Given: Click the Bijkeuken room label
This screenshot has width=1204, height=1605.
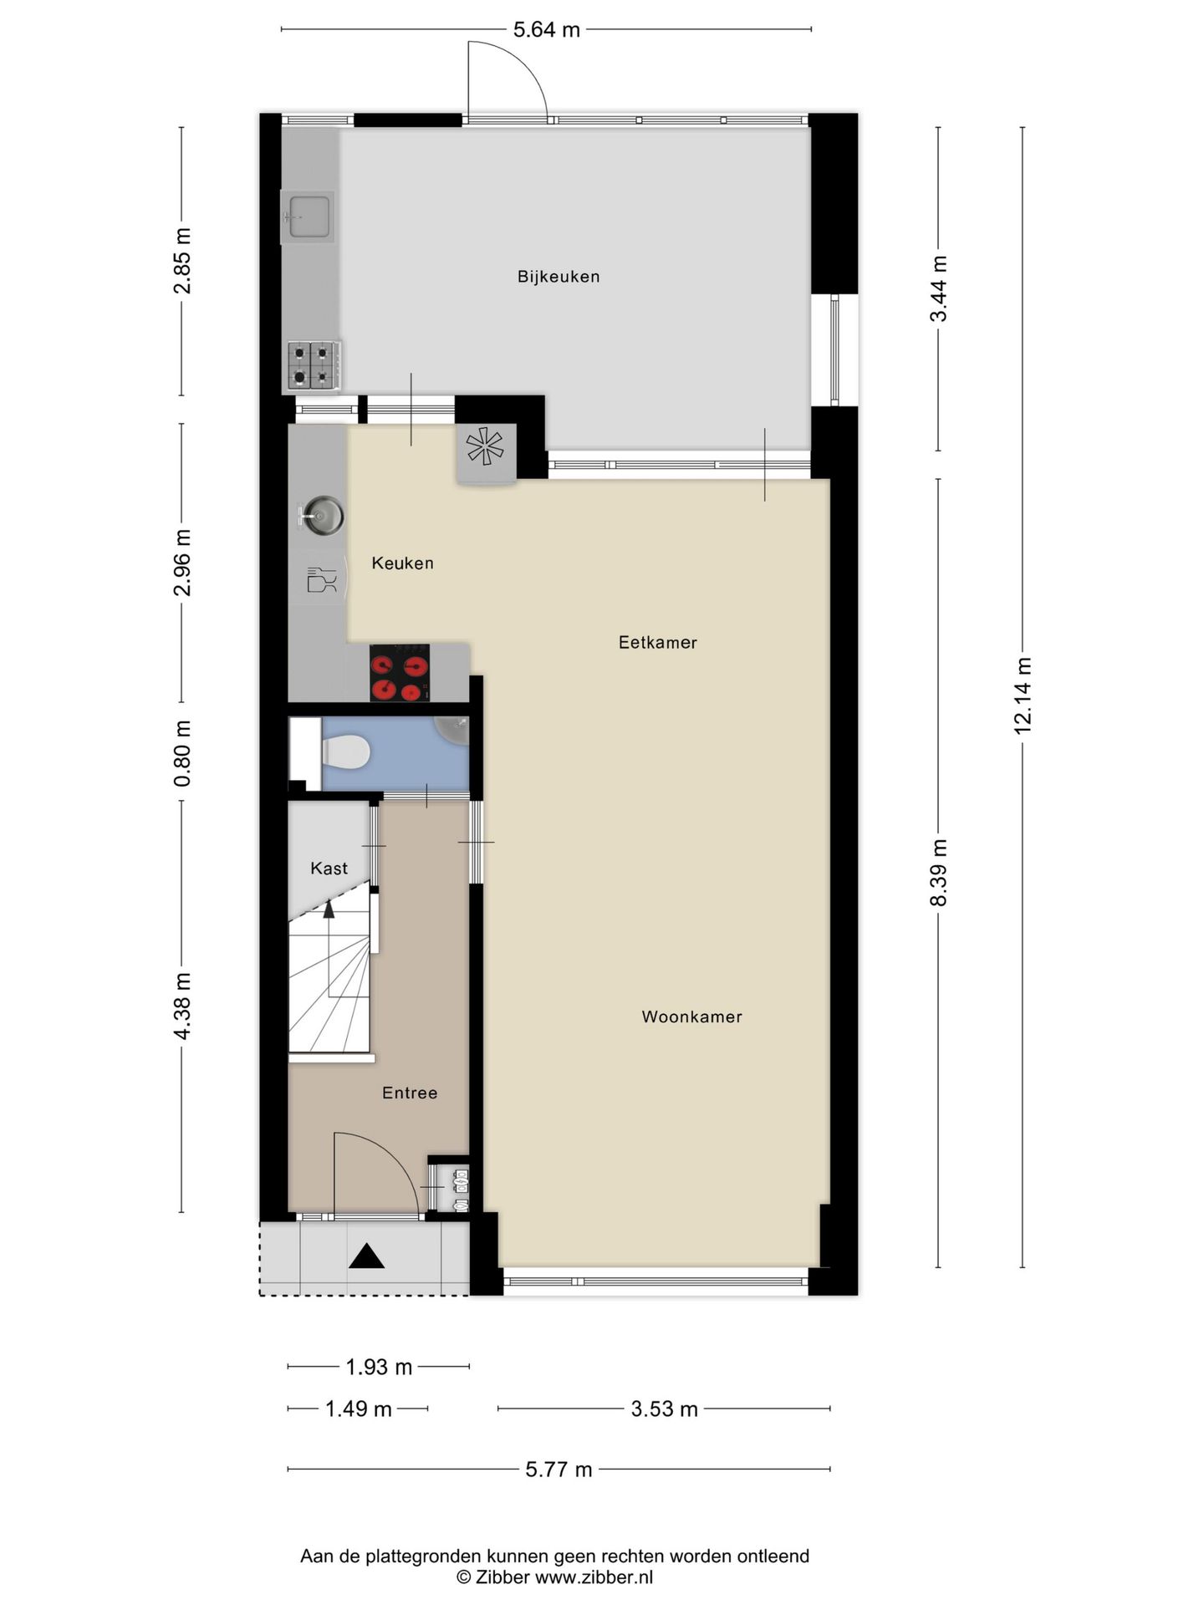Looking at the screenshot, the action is click(x=559, y=277).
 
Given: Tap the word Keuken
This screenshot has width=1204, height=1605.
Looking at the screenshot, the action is click(x=402, y=563).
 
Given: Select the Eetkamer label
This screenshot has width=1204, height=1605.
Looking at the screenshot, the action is click(x=657, y=643).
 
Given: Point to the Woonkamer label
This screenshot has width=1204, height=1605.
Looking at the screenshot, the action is click(x=691, y=1017).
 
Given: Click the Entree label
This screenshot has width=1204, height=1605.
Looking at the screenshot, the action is click(x=410, y=1093).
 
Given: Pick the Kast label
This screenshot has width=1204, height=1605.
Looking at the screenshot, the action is click(x=329, y=869).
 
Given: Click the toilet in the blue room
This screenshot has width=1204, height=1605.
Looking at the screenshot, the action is click(x=346, y=752).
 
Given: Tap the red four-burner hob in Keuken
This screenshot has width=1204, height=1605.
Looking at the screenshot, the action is click(x=400, y=673).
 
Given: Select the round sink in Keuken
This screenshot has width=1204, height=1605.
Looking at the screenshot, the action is click(x=322, y=515).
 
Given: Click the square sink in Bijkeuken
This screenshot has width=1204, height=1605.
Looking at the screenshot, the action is click(x=307, y=217).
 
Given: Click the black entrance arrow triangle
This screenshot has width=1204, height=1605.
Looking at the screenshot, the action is click(x=366, y=1256).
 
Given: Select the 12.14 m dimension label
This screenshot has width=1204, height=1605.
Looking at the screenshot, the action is click(x=1023, y=695).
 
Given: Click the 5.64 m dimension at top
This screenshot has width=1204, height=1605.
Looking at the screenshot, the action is click(x=546, y=30).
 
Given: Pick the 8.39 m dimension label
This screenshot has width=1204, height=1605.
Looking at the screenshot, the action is click(x=939, y=873).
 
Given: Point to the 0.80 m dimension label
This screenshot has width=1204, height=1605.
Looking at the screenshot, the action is click(x=182, y=752).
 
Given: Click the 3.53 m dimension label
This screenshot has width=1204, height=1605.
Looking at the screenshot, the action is click(x=664, y=1409).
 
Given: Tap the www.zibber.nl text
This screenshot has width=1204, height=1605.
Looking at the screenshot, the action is click(x=594, y=1578).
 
